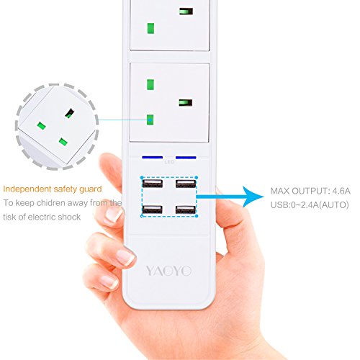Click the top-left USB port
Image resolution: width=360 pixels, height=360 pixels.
[x=153, y=184]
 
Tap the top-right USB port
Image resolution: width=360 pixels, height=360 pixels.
[x=186, y=184]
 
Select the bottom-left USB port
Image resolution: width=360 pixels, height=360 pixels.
[x=153, y=210]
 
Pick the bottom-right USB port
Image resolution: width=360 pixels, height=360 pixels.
[x=186, y=210]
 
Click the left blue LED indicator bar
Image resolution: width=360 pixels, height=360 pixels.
[x=153, y=158]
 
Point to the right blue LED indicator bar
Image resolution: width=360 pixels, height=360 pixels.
[x=186, y=158]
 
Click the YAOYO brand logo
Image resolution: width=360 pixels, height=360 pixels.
[x=168, y=271]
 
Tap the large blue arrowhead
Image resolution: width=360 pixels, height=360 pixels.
[x=253, y=197]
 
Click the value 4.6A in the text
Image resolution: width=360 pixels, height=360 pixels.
[x=341, y=191]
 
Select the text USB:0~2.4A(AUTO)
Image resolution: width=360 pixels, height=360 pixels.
[x=310, y=205]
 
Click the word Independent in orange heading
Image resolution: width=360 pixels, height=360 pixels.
[x=27, y=189]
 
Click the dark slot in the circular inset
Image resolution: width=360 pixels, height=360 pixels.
[x=70, y=113]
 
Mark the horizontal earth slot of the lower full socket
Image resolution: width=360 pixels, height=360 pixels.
[x=186, y=103]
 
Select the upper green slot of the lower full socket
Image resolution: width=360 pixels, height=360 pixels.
[x=150, y=84]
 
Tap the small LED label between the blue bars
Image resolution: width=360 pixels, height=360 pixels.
[x=169, y=162]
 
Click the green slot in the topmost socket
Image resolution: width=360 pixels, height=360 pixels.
[x=150, y=28]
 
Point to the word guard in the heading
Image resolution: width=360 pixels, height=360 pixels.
[x=91, y=189]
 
